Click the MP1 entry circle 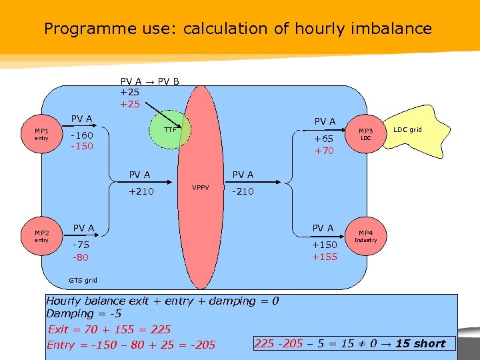coord(41,134)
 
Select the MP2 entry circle coord(41,235)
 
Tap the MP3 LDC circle coord(365,134)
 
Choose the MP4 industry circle coord(365,235)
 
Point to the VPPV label coord(201,187)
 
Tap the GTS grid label coord(83,280)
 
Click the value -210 coord(243,191)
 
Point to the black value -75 coord(81,245)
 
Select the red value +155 coord(325,257)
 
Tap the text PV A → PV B coord(149,82)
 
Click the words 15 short coord(420,343)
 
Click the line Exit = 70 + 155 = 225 coord(109,329)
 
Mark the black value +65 coord(323,139)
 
